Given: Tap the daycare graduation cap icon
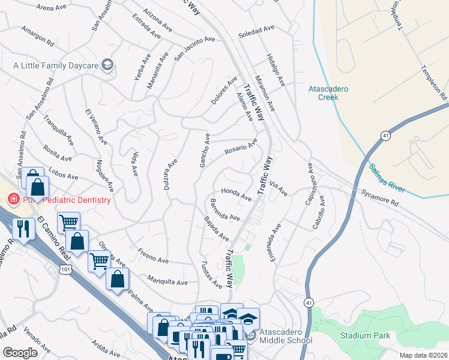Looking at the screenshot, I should coord(107,65).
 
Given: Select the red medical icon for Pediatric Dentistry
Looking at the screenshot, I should coord(12,199).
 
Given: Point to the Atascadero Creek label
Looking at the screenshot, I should coord(328,92).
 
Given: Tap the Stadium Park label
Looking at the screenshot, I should coord(365,335).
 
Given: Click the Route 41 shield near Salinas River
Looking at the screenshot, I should coord(384,137).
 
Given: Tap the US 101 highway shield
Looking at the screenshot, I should coord(65,270).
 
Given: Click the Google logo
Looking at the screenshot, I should coord(20,352).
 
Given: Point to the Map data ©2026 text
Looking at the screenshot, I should coord(423,355).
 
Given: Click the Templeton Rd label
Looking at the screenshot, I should coord(435,82).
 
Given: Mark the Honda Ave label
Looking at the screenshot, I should coord(236,193).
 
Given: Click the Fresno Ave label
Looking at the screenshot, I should coord(151,257).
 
